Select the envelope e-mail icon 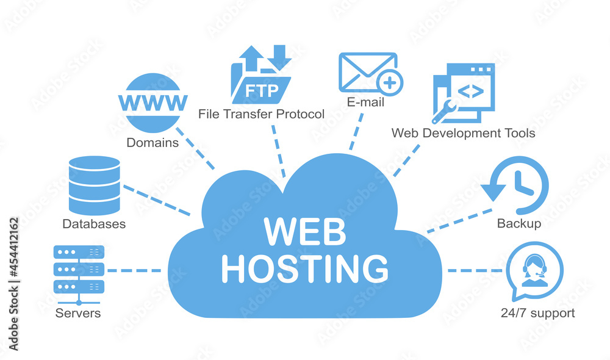[366, 72]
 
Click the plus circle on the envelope [390, 82]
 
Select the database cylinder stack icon [95, 185]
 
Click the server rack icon [79, 270]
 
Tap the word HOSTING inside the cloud [304, 267]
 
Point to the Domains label [152, 143]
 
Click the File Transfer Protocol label [261, 114]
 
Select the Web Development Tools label [463, 132]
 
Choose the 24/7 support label [537, 314]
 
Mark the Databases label [94, 224]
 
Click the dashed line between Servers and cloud [134, 270]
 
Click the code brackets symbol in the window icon [471, 92]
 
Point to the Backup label [519, 224]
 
